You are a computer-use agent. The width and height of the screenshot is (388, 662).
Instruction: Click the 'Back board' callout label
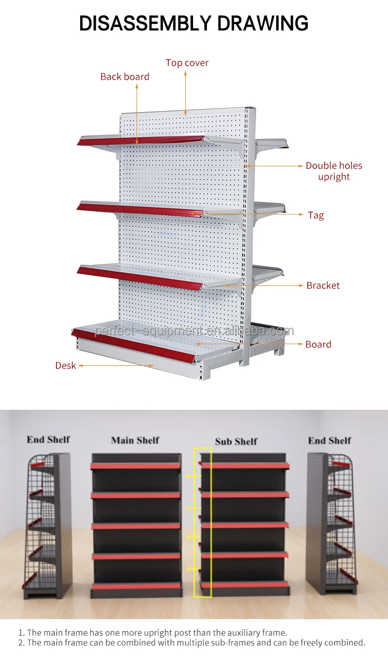(x=125, y=76)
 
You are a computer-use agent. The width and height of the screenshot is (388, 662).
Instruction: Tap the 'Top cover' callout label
(x=187, y=63)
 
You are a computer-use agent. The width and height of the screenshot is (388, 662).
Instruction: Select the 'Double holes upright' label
(x=334, y=171)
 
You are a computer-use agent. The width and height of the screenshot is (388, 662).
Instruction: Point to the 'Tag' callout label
(x=316, y=215)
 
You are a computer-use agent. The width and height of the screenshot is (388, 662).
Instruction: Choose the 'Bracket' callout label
(x=323, y=285)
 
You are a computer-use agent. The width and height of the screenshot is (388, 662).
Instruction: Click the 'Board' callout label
(x=318, y=344)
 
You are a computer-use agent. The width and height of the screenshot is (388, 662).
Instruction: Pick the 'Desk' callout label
(x=66, y=365)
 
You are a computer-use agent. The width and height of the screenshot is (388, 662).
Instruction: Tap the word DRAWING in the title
(x=263, y=23)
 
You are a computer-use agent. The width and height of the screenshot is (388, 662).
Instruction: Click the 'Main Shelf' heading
(x=135, y=440)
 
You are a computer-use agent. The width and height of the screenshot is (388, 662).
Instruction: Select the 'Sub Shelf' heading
(x=236, y=441)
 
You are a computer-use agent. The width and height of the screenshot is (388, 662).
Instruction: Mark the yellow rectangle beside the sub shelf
(x=203, y=522)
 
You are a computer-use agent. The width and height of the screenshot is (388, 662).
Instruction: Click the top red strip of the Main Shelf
(x=136, y=466)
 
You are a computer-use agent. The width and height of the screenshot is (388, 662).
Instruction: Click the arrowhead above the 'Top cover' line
(x=186, y=73)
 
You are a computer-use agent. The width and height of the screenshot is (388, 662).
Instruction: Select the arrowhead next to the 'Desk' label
(x=80, y=365)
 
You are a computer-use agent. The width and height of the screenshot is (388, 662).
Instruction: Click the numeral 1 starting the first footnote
(x=21, y=632)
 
